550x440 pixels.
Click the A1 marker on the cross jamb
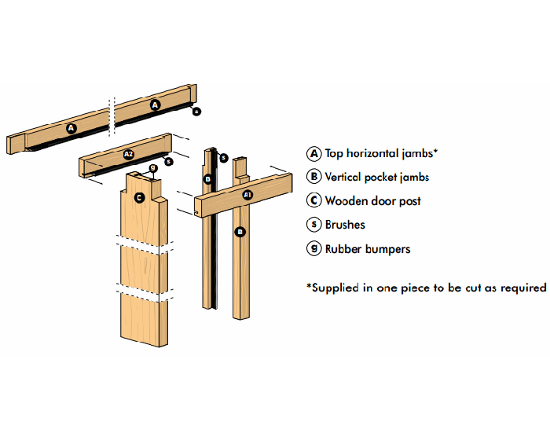(247, 195)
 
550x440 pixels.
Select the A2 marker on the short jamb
(129, 154)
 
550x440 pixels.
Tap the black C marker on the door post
(139, 197)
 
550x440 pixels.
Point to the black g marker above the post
(153, 167)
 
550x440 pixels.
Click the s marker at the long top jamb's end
(196, 112)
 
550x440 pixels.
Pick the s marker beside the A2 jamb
(169, 161)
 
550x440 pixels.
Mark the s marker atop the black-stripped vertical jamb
(223, 158)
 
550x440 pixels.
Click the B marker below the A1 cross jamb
(240, 232)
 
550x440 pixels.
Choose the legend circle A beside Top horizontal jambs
(314, 154)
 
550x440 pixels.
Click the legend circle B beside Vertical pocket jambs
(314, 177)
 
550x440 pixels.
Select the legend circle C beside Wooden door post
(314, 200)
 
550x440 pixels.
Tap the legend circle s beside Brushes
(314, 224)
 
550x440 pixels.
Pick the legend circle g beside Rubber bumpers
(314, 248)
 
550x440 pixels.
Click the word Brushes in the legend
(345, 225)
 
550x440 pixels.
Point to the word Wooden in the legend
(346, 200)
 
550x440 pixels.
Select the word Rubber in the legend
(343, 249)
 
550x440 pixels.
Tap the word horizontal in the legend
(372, 153)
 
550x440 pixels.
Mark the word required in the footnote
(523, 288)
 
